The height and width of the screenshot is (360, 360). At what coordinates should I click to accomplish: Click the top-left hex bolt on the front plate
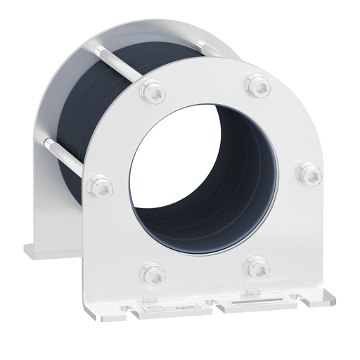[x=152, y=91]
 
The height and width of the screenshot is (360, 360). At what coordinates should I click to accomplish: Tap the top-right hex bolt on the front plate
[x=257, y=86]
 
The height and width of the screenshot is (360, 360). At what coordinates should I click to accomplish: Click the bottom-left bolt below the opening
[x=153, y=273]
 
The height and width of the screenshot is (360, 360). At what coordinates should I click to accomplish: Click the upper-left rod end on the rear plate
[x=94, y=46]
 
